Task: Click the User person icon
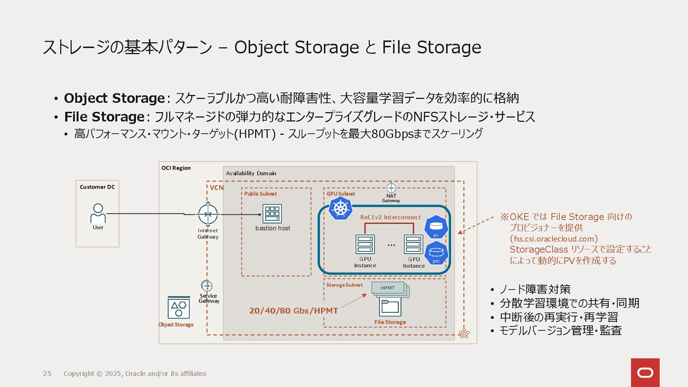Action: (98, 213)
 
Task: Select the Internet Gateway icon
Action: (208, 214)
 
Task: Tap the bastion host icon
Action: (272, 214)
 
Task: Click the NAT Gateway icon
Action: (391, 188)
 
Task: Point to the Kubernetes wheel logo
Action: (340, 208)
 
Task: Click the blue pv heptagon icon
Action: (436, 227)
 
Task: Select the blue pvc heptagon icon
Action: (436, 253)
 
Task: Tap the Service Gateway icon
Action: (207, 286)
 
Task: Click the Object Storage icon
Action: (179, 308)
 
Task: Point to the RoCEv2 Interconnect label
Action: (390, 217)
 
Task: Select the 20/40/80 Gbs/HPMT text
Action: (293, 311)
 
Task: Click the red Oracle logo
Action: (645, 373)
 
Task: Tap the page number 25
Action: (47, 374)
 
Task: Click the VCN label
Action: (216, 188)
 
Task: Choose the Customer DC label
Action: (97, 187)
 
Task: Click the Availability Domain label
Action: (251, 173)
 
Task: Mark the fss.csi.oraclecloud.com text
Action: (554, 239)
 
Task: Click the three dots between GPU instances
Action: (391, 245)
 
